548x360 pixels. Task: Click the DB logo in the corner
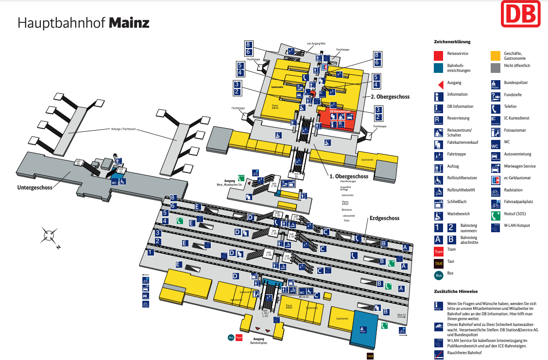coord(520,14)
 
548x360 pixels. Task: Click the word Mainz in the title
coord(129,23)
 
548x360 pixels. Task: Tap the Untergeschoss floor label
coord(35,187)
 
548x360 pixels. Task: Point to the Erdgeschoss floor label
coord(384,218)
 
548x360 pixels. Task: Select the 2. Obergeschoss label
coord(390,97)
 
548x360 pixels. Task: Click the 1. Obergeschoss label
coord(349,176)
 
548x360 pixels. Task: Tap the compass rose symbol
coord(50,236)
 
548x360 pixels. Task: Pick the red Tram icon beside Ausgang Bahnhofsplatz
coord(239,338)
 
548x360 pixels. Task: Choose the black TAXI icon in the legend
coord(439,263)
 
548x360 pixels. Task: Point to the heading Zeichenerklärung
coord(452,42)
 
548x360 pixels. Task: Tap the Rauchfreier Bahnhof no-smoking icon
coord(439,354)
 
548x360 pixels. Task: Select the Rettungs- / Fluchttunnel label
coord(121,130)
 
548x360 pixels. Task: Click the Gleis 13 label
coord(401,315)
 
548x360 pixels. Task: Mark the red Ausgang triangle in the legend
coord(438,83)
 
